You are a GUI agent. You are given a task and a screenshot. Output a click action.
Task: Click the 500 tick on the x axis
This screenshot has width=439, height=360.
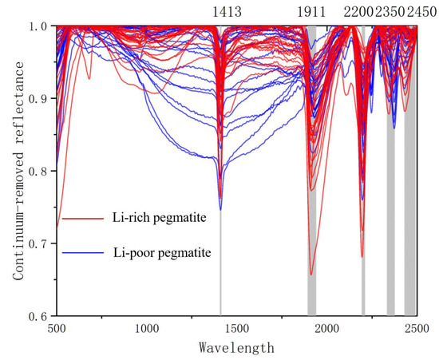[x=56, y=329]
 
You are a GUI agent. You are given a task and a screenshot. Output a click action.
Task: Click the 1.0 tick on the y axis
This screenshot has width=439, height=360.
[x=39, y=26]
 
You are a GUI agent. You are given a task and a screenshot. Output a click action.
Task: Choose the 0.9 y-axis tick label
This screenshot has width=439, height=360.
[x=39, y=98]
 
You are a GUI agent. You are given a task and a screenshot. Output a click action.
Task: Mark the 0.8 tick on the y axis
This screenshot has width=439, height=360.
[x=39, y=171]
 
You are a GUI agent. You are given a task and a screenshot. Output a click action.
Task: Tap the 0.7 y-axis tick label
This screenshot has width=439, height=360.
[x=39, y=243]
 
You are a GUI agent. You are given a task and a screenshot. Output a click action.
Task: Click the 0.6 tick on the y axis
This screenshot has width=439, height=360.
[x=39, y=316]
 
